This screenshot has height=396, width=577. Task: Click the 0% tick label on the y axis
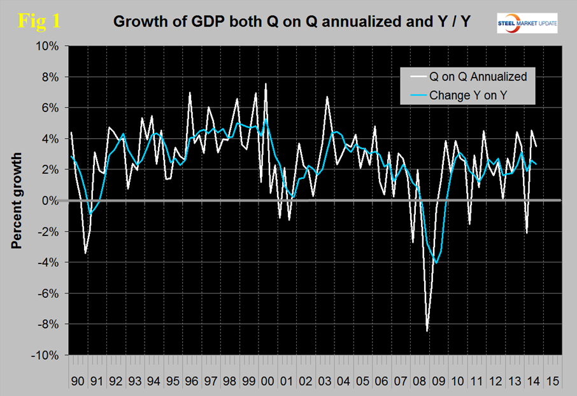pos(50,201)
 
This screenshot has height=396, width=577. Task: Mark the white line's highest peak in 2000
pos(265,84)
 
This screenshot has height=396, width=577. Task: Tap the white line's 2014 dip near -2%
pos(527,233)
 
